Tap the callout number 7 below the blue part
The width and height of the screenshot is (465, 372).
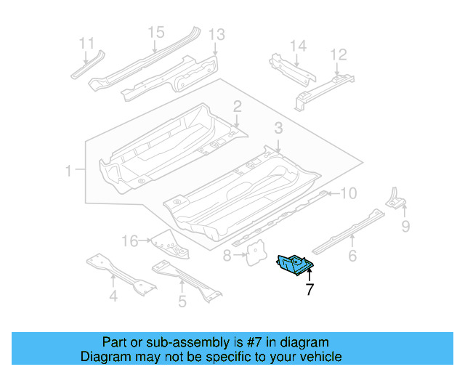pos(310,290)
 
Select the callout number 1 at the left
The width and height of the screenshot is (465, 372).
pos(68,171)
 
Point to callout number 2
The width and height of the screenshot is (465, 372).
pos(237,108)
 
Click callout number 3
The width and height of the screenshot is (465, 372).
pos(278,129)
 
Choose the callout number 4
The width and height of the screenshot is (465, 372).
pos(113,296)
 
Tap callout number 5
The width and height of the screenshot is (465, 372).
pos(182,300)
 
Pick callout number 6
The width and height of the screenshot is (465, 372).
pos(352,255)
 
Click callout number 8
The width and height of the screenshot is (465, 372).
pos(227,255)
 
